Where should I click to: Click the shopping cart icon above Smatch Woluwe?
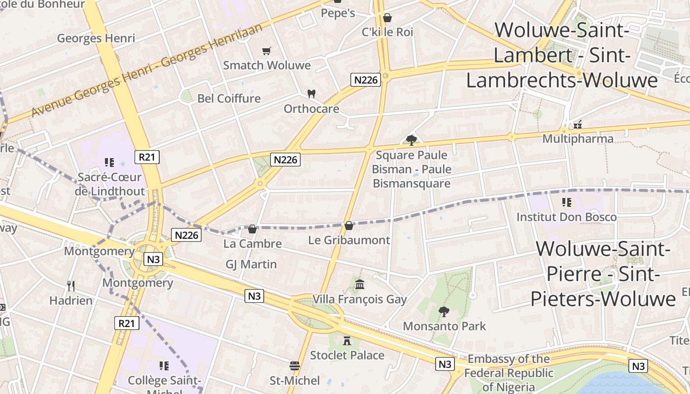click(267, 51)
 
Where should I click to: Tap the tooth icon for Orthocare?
click(311, 93)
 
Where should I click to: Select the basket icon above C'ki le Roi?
click(387, 18)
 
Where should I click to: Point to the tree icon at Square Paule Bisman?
click(412, 140)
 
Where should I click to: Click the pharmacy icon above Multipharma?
click(578, 124)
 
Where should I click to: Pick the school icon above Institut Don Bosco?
click(566, 202)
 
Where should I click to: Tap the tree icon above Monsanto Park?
click(444, 311)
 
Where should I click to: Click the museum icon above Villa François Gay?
click(360, 284)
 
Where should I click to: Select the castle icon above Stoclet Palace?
click(347, 340)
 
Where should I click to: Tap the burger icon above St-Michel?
click(295, 365)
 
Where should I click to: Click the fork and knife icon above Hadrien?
click(71, 286)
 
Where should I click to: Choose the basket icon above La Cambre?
click(252, 229)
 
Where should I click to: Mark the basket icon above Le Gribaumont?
click(349, 226)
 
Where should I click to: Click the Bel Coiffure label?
click(229, 98)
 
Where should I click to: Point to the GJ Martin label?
click(251, 264)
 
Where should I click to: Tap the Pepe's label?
click(338, 13)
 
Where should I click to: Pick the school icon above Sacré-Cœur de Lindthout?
click(109, 162)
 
